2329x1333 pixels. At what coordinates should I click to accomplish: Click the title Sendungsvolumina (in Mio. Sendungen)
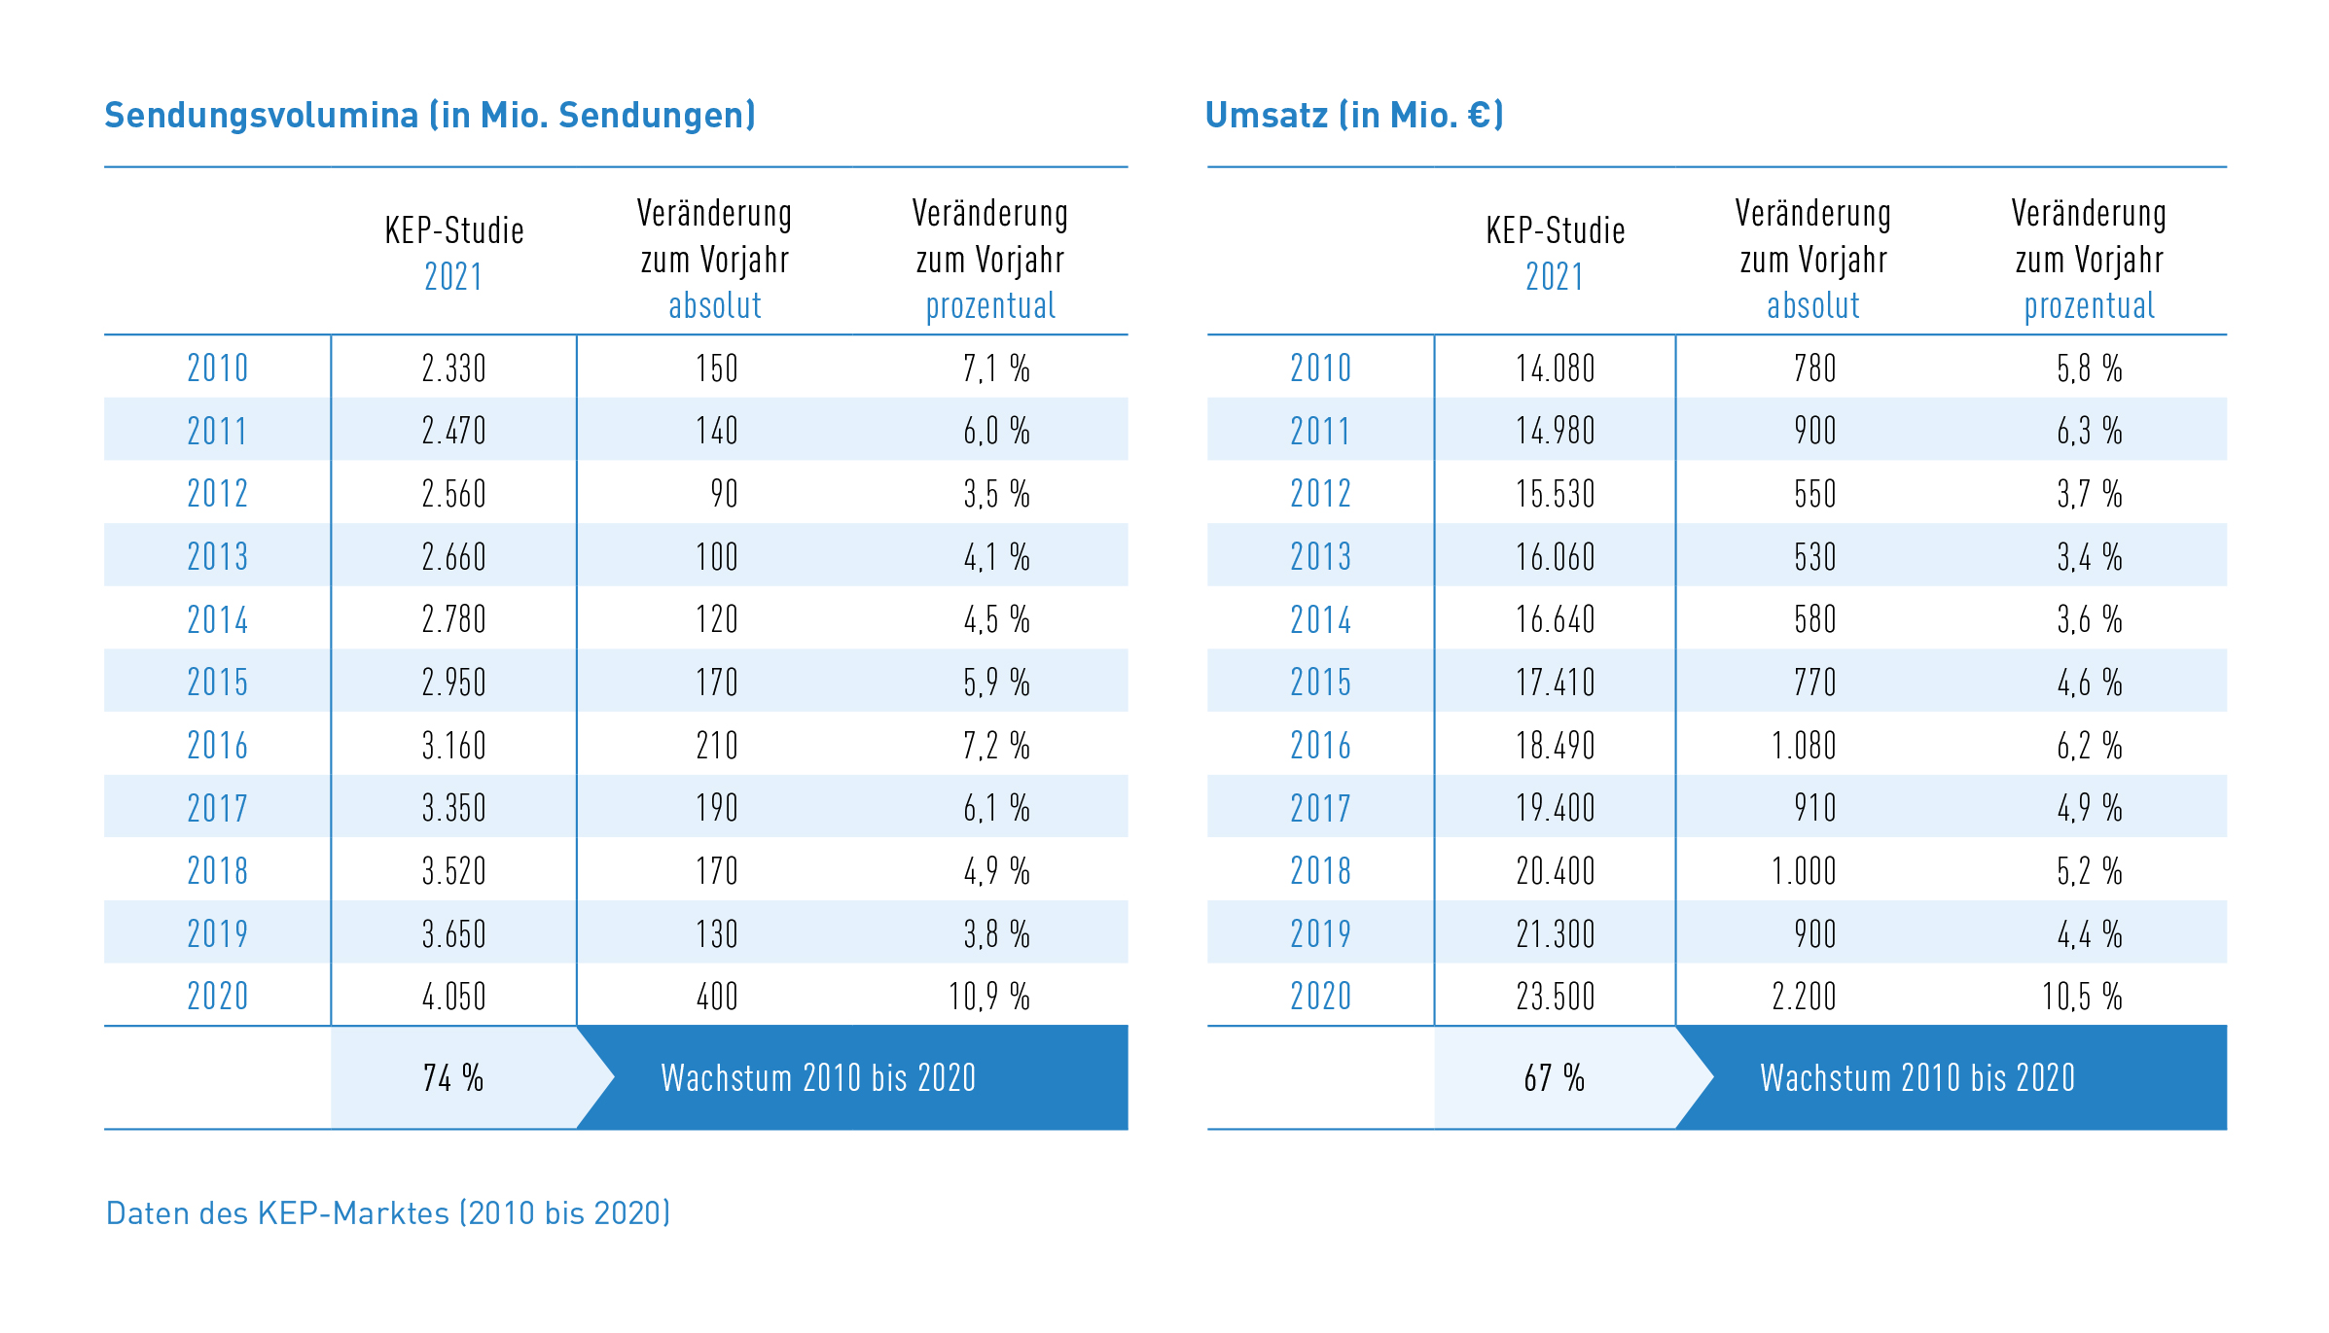pos(429,116)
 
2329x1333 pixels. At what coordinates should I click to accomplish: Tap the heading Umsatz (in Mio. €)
pos(1353,116)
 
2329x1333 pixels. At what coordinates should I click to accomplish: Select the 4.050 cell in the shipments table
pos(453,997)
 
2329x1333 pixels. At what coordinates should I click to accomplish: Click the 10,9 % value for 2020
pos(988,997)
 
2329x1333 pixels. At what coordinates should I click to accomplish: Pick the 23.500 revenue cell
pos(1555,997)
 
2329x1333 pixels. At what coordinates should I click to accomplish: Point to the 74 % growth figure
pos(452,1078)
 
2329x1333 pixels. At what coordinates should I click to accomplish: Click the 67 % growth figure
pos(1554,1078)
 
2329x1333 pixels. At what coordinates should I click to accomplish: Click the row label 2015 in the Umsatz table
pos(1320,683)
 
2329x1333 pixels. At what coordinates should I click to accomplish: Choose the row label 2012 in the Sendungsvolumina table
pos(217,494)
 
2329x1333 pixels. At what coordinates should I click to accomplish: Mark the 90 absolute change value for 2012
pos(724,494)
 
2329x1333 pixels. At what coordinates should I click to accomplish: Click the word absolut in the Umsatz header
pos(1812,306)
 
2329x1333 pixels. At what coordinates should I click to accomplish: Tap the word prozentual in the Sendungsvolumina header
pos(989,306)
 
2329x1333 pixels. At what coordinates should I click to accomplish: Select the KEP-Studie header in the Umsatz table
pos(1555,231)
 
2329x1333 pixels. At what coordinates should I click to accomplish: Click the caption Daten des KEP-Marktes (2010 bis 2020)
pos(387,1213)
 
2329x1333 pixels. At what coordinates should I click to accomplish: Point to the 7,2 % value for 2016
pos(995,746)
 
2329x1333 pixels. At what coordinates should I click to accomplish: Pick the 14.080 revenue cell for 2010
pos(1555,368)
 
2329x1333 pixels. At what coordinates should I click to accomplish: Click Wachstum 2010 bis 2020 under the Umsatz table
pos(1917,1078)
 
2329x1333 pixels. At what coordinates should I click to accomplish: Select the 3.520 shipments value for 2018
pos(453,871)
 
